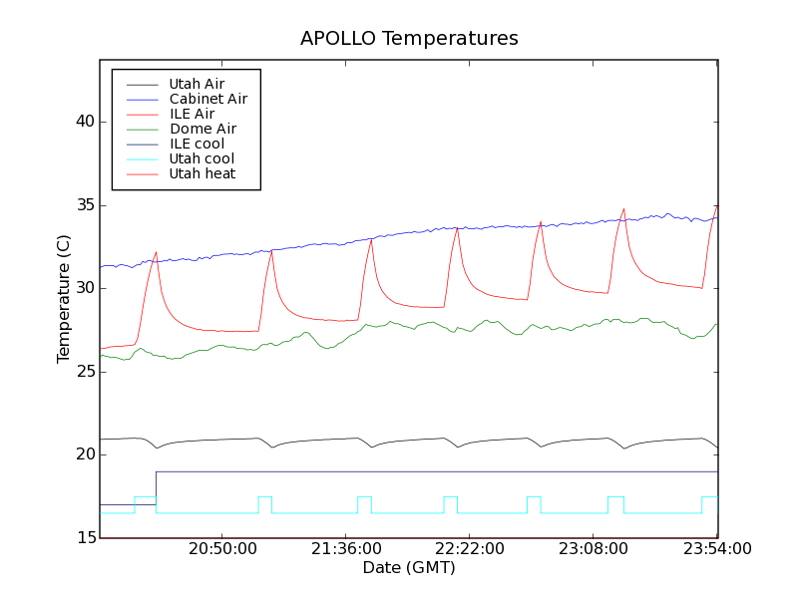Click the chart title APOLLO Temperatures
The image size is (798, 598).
(409, 39)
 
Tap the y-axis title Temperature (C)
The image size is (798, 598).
(64, 299)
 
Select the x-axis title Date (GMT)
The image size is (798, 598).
(409, 568)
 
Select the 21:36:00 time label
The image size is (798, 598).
(346, 549)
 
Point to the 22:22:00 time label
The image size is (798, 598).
(470, 549)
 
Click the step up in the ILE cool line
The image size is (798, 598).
(157, 488)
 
